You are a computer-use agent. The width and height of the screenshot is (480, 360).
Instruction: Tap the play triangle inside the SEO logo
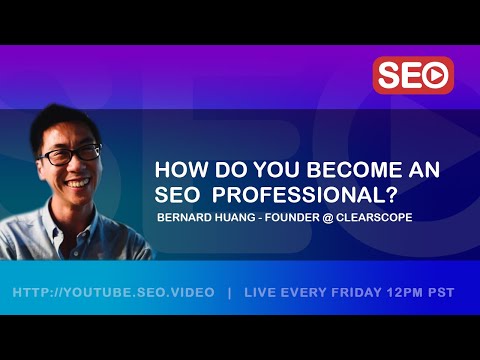point(436,75)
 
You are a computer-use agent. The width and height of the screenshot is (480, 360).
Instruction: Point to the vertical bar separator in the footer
point(230,293)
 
